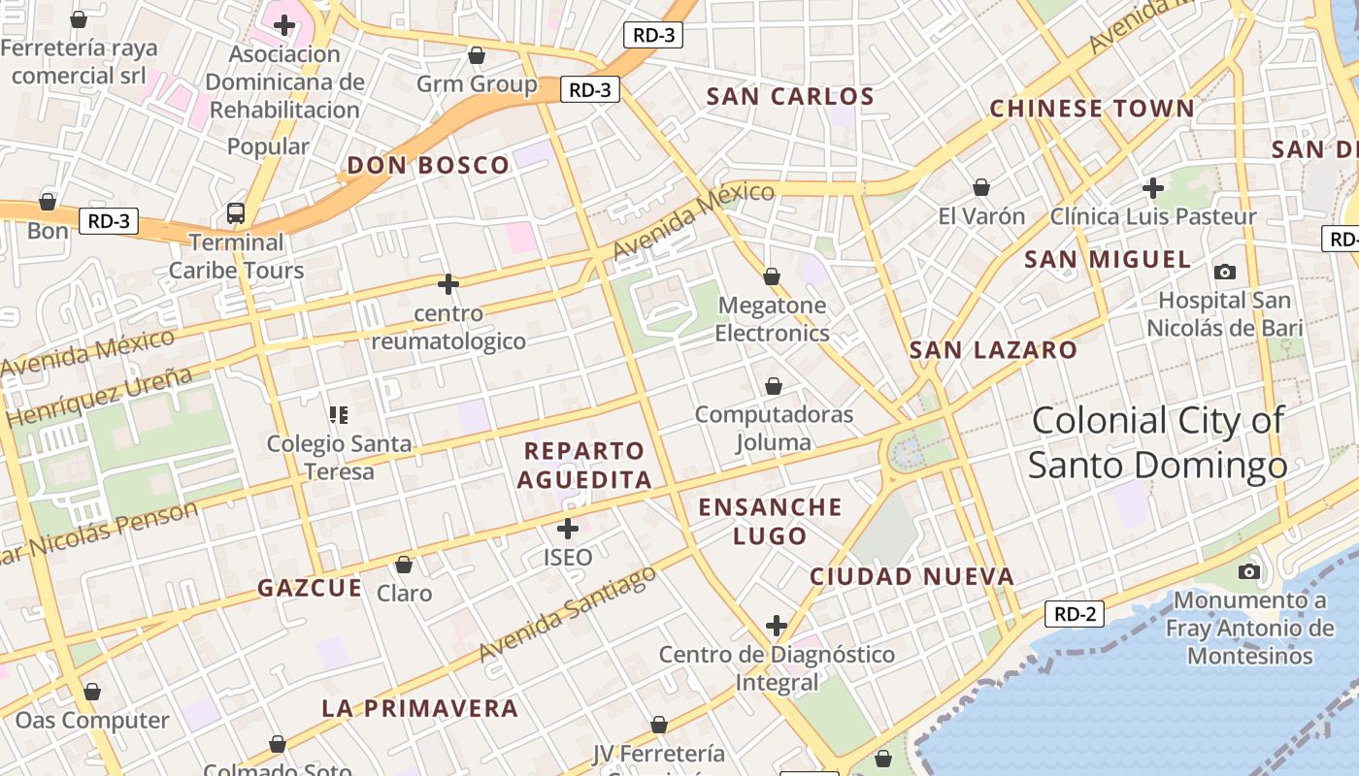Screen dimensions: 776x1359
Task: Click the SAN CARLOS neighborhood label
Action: pyautogui.click(x=790, y=97)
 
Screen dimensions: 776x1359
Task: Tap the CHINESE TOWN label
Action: pyautogui.click(x=1091, y=109)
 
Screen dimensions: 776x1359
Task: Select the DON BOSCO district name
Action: pyautogui.click(x=428, y=166)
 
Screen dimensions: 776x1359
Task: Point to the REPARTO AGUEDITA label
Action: pyautogui.click(x=584, y=465)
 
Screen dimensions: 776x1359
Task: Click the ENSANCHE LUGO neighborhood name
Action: pyautogui.click(x=770, y=521)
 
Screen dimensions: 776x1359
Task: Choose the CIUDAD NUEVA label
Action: pyautogui.click(x=912, y=577)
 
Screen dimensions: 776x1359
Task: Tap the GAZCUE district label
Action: pyautogui.click(x=310, y=588)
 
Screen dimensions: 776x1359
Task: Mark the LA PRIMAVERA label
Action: pyautogui.click(x=419, y=708)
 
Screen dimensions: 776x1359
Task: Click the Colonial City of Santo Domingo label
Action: pyautogui.click(x=1157, y=442)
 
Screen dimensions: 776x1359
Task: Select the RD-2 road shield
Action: pyautogui.click(x=1075, y=614)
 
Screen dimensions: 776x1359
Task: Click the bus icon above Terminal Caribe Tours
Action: pyautogui.click(x=236, y=213)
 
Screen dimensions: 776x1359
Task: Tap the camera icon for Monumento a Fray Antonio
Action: pyautogui.click(x=1249, y=571)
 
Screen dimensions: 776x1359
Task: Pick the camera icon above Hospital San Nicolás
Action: pyautogui.click(x=1225, y=272)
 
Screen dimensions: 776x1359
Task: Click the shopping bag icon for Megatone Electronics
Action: pyautogui.click(x=772, y=277)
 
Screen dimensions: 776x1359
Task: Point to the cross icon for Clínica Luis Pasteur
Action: pyautogui.click(x=1153, y=187)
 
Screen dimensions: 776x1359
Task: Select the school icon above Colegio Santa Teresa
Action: pyautogui.click(x=339, y=415)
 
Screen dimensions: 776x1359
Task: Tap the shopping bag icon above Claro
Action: pyautogui.click(x=404, y=565)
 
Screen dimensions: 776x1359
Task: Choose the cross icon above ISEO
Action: pyautogui.click(x=568, y=529)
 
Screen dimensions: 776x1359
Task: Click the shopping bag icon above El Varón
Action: pyautogui.click(x=981, y=187)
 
